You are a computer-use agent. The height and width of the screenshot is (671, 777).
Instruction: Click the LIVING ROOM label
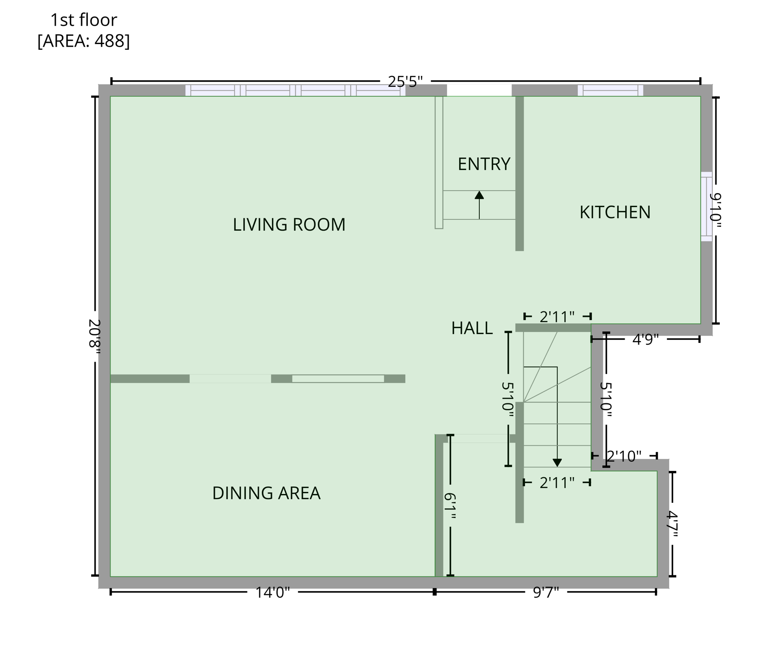click(289, 225)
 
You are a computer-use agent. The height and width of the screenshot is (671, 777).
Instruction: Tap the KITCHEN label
click(615, 212)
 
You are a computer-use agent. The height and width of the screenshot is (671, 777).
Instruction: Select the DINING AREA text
click(266, 493)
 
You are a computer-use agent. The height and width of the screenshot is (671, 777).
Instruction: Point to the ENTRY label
click(484, 164)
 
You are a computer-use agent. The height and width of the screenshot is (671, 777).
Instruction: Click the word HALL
click(472, 328)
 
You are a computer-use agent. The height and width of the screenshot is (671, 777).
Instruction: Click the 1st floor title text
click(83, 20)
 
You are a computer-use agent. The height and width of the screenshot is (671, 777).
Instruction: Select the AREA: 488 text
click(83, 41)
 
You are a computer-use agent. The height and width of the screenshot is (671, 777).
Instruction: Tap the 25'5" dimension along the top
click(405, 82)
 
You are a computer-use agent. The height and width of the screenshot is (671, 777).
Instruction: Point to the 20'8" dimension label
click(95, 334)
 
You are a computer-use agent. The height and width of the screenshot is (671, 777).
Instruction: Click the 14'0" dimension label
click(272, 593)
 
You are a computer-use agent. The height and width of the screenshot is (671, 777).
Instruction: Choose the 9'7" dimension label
click(546, 593)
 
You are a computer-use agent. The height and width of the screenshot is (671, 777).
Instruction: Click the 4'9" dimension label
click(645, 339)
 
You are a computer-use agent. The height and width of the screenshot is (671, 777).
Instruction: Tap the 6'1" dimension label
click(450, 506)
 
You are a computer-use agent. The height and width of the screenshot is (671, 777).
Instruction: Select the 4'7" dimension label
click(672, 524)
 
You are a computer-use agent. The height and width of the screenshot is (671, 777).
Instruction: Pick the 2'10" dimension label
click(624, 457)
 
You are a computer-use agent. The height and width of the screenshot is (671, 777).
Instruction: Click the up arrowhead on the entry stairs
click(479, 195)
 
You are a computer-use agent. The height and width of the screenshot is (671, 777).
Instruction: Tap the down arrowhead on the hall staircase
click(557, 463)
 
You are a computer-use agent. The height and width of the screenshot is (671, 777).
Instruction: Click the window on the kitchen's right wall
click(706, 207)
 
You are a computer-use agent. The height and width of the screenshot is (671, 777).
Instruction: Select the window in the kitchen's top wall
click(610, 90)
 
